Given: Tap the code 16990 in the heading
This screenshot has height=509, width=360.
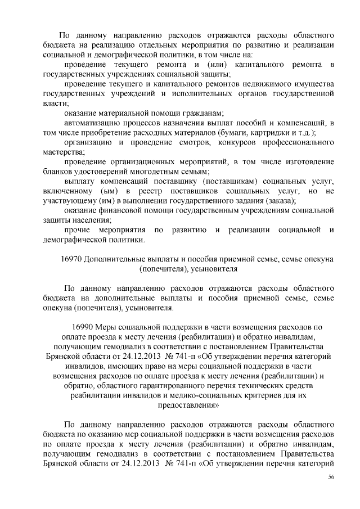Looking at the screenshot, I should (x=82, y=326).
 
